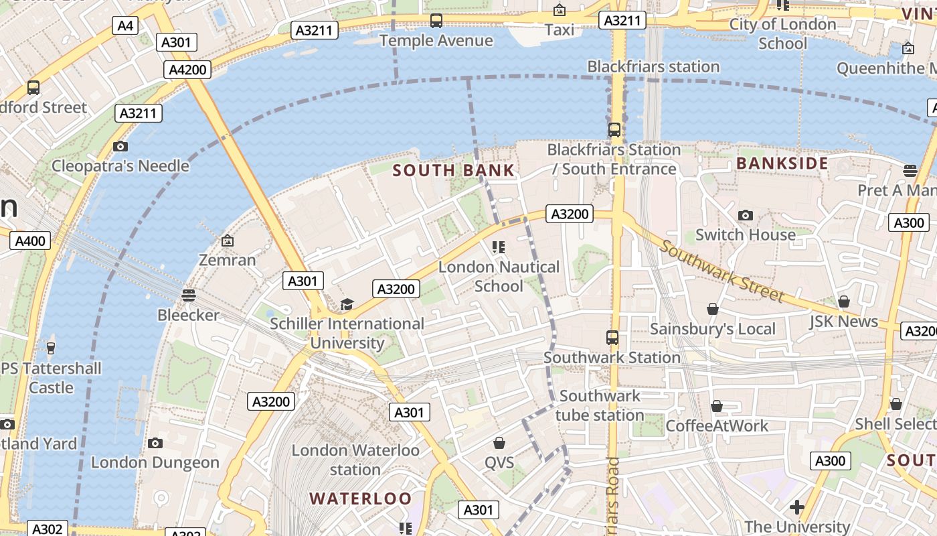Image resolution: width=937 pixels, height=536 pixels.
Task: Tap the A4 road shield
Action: [x=125, y=26]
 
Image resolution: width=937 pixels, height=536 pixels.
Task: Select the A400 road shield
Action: [x=30, y=241]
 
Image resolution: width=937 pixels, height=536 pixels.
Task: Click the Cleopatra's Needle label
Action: [x=120, y=166]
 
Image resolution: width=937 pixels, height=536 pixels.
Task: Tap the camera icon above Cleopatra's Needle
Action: [x=120, y=146]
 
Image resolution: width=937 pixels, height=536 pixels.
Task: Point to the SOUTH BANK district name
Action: [x=454, y=170]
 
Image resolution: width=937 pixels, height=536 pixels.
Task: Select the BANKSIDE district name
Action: [x=782, y=163]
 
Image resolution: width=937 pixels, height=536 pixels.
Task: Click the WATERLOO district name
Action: [x=360, y=498]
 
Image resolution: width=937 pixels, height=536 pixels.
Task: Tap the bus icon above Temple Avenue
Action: [x=436, y=21]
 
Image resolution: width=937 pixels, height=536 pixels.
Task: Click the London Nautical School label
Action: [x=499, y=277]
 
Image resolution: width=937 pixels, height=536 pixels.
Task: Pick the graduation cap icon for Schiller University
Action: [x=346, y=305]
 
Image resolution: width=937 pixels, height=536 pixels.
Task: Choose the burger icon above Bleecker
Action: [x=189, y=295]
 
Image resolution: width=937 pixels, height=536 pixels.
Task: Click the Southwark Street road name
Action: [x=721, y=271]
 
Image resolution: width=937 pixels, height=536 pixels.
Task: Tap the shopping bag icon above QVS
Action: [x=499, y=443]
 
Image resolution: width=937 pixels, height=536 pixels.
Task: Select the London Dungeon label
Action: [x=155, y=462]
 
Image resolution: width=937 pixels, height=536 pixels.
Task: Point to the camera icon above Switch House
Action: [x=745, y=215]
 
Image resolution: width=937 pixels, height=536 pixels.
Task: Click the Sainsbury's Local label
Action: [x=713, y=329]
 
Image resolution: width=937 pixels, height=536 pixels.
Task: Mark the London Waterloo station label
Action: [x=355, y=460]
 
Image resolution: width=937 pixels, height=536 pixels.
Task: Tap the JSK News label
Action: [x=843, y=322]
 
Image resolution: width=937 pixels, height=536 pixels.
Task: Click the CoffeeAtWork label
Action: [x=717, y=425]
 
